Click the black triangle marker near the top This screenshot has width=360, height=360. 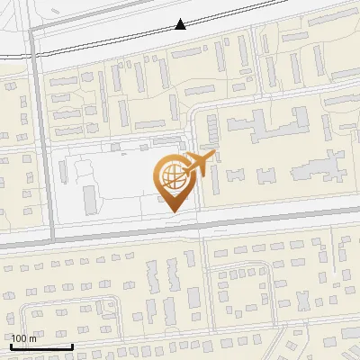[181, 25]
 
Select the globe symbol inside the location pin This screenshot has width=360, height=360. [172, 175]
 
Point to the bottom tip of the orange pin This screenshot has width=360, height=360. [174, 211]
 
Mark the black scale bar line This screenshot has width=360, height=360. [41, 346]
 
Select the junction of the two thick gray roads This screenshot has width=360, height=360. [50, 240]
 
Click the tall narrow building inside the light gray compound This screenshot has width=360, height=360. [89, 200]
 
